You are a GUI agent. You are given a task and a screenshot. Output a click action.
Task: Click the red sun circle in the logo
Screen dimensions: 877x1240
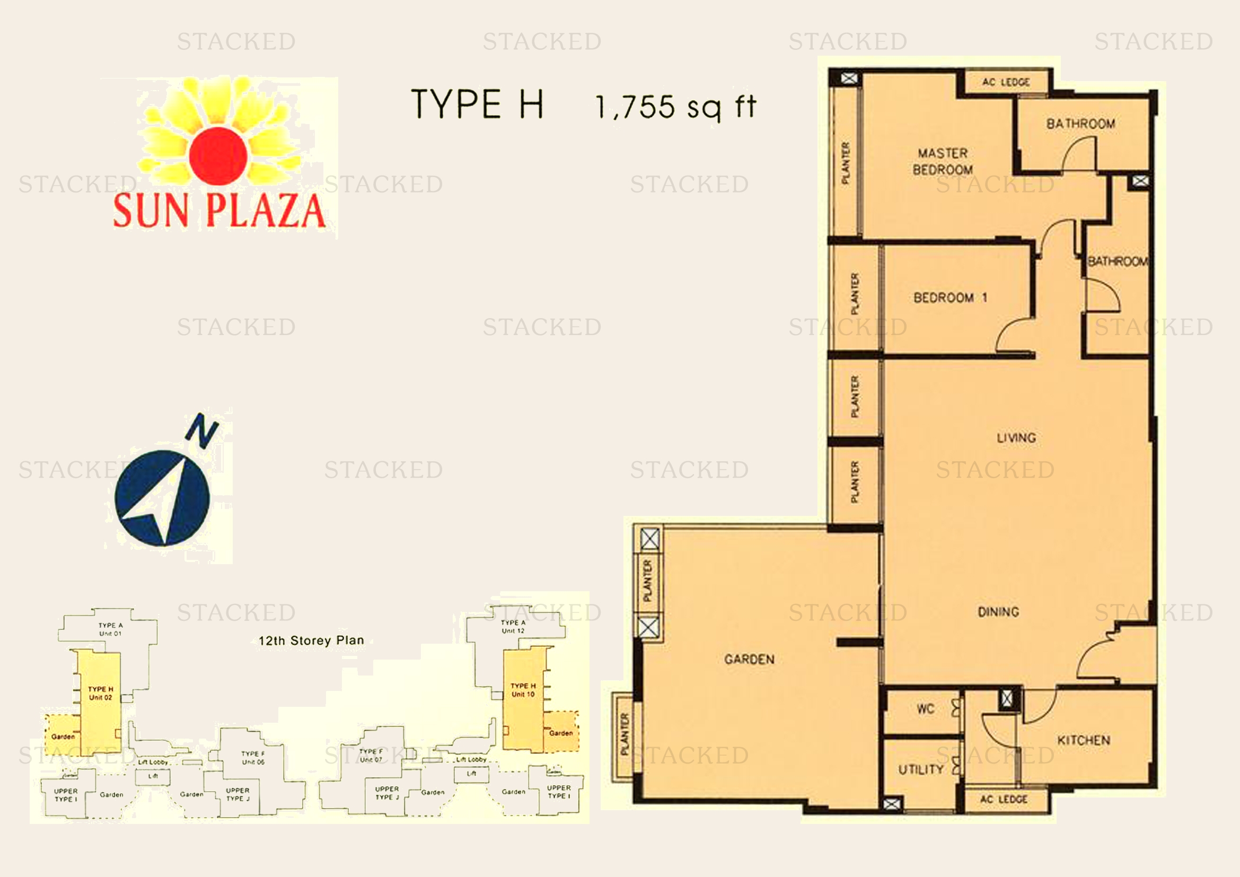pos(218,154)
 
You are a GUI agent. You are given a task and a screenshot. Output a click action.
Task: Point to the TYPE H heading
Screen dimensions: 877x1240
pos(477,104)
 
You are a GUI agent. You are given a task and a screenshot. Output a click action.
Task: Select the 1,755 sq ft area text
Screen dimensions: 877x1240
pos(675,107)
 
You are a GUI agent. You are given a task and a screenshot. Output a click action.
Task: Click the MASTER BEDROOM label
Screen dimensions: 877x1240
pos(943,162)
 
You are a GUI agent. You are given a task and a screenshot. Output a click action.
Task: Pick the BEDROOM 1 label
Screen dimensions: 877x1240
pos(950,297)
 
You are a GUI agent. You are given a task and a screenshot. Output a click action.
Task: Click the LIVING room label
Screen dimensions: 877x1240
pos(1016,437)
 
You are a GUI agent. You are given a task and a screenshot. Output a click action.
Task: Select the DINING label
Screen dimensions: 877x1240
pos(999,612)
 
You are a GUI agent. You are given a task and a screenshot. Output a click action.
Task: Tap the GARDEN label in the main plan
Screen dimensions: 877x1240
pos(749,659)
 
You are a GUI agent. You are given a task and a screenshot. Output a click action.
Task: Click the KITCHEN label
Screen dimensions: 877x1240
pos(1084,740)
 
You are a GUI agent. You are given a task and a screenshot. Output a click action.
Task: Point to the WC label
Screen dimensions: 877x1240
pos(925,709)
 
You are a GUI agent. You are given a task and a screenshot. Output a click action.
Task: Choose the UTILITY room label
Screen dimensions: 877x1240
pos(921,769)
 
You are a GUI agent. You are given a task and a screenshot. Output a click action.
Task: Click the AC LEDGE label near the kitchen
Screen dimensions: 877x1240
pos(1004,799)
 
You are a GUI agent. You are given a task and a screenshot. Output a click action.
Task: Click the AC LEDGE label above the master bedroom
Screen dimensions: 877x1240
pos(1006,82)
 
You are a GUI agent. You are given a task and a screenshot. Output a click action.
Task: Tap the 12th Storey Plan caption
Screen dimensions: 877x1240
pos(311,641)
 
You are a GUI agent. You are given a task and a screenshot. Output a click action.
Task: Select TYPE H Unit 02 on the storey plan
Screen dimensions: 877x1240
pos(100,693)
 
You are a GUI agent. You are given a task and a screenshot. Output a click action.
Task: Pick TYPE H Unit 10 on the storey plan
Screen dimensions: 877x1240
pos(523,690)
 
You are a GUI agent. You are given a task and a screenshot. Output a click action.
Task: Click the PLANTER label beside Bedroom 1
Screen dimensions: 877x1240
pos(855,294)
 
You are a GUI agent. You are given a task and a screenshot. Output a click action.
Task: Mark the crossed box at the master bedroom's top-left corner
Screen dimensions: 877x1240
pos(849,79)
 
